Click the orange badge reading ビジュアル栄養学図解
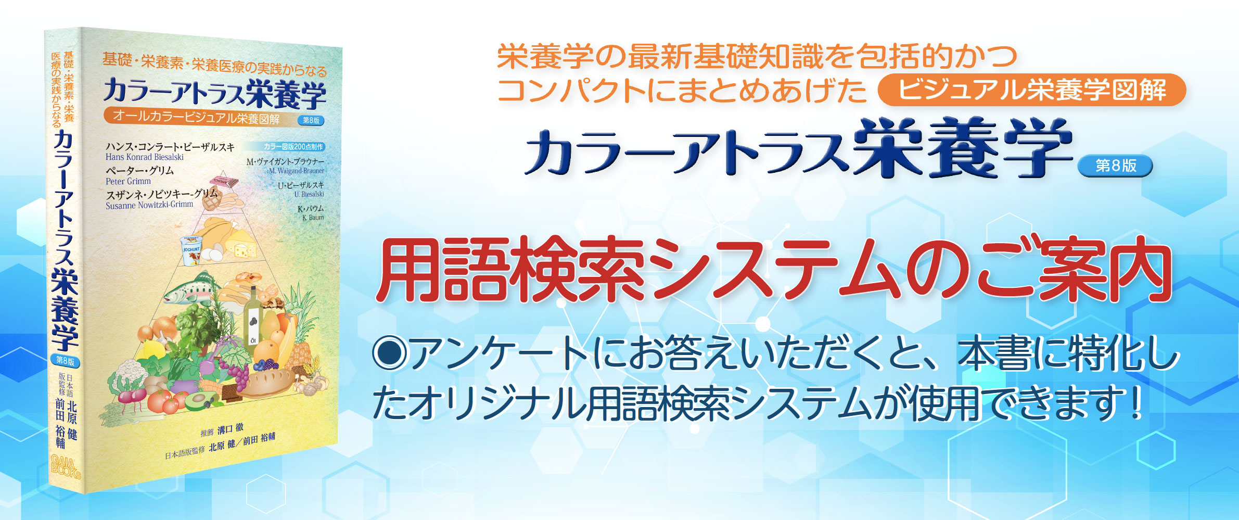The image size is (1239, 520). coord(1031,90)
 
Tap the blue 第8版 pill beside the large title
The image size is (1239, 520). coord(1116,166)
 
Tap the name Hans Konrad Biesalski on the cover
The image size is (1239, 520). coord(145,157)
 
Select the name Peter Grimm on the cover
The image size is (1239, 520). coord(128,181)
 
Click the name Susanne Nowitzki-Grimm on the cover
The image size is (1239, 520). coord(149,205)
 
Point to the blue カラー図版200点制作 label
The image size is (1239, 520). coord(293,147)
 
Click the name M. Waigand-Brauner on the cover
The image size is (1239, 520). coord(296,171)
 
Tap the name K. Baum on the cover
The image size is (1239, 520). coord(313,218)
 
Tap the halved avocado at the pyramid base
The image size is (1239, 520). coord(199,401)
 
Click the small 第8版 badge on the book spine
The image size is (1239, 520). coord(65,361)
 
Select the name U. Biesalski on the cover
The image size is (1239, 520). coord(309,194)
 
